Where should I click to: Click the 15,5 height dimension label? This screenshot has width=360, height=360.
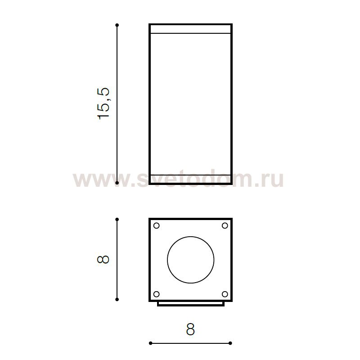[x=104, y=103]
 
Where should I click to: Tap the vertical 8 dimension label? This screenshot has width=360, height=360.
[x=104, y=260]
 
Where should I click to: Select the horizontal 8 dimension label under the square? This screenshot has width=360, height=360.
[x=190, y=330]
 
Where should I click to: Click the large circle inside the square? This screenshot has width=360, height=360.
[x=190, y=260]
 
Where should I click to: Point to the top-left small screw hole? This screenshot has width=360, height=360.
[x=157, y=226]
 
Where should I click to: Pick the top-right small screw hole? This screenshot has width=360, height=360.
[x=225, y=226]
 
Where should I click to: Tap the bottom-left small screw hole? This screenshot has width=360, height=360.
[x=157, y=294]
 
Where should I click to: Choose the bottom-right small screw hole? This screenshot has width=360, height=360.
[x=225, y=294]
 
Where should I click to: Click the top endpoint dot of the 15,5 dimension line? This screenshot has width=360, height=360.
[x=117, y=25]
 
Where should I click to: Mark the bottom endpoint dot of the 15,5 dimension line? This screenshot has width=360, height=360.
[x=117, y=183]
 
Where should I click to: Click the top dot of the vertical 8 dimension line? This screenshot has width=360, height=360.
[x=117, y=220]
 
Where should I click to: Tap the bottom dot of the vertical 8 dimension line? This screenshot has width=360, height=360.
[x=117, y=299]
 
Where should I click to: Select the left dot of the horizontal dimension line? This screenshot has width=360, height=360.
[x=150, y=343]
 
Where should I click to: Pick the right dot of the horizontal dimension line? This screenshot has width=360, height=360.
[x=230, y=343]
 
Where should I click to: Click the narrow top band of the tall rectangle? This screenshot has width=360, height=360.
[x=190, y=29]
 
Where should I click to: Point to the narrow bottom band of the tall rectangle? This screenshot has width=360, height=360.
[x=190, y=179]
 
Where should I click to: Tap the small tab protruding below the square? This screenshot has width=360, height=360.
[x=190, y=304]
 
